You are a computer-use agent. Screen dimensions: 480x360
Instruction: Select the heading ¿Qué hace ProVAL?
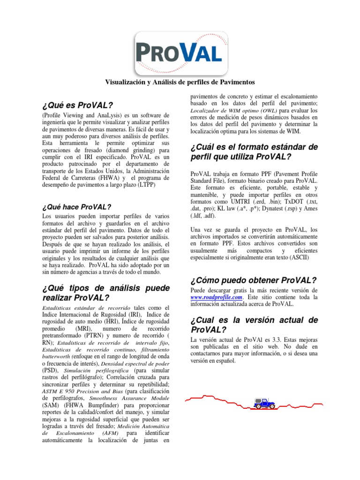76,207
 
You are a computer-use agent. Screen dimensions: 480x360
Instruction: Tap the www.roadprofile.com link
216,297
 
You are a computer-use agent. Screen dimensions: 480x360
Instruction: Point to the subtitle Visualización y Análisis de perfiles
180,82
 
